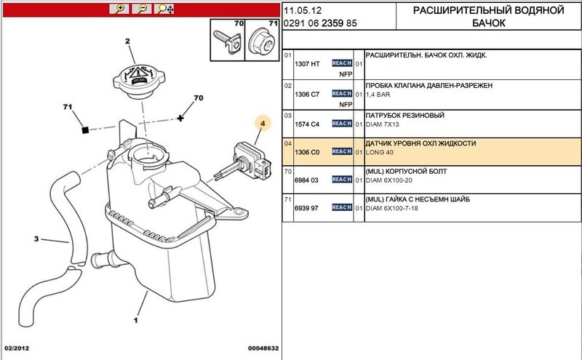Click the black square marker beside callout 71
coord(84,129)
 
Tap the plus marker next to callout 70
coord(181,117)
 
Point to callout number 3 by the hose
coord(36,238)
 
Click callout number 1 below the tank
coord(135,319)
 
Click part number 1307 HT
coord(307,64)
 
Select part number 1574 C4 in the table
coord(307,124)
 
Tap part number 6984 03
coord(307,180)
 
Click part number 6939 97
coord(307,208)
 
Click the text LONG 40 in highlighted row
coord(380,152)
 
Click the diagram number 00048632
coord(262,348)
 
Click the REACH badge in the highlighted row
coord(342,151)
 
